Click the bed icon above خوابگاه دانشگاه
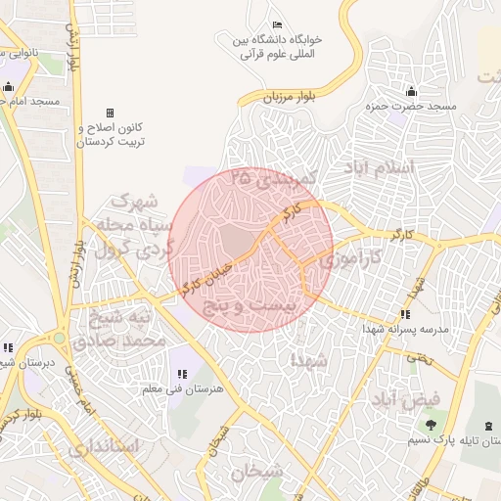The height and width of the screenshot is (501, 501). pyautogui.click(x=277, y=24)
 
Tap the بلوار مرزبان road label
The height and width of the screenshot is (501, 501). pyautogui.click(x=292, y=96)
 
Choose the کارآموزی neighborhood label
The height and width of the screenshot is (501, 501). pyautogui.click(x=339, y=261)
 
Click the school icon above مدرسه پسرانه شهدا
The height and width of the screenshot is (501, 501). pyautogui.click(x=404, y=314)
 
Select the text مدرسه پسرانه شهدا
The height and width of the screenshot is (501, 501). pyautogui.click(x=404, y=330)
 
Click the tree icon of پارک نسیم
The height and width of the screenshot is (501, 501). pyautogui.click(x=431, y=424)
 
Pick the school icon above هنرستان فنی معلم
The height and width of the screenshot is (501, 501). pyautogui.click(x=181, y=373)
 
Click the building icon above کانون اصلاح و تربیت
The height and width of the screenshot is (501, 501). pyautogui.click(x=110, y=114)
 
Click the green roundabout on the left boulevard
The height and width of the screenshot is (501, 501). pyautogui.click(x=60, y=339)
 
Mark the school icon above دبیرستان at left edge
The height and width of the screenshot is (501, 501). pyautogui.click(x=8, y=346)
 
